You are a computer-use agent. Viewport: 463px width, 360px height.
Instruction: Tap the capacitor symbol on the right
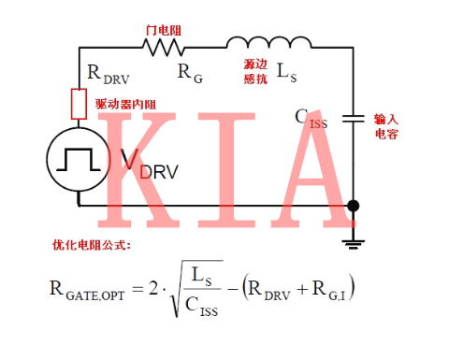[353, 118]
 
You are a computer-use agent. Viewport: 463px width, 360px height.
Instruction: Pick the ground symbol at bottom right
[353, 242]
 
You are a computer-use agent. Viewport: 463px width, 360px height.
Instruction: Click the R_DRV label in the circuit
[107, 72]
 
